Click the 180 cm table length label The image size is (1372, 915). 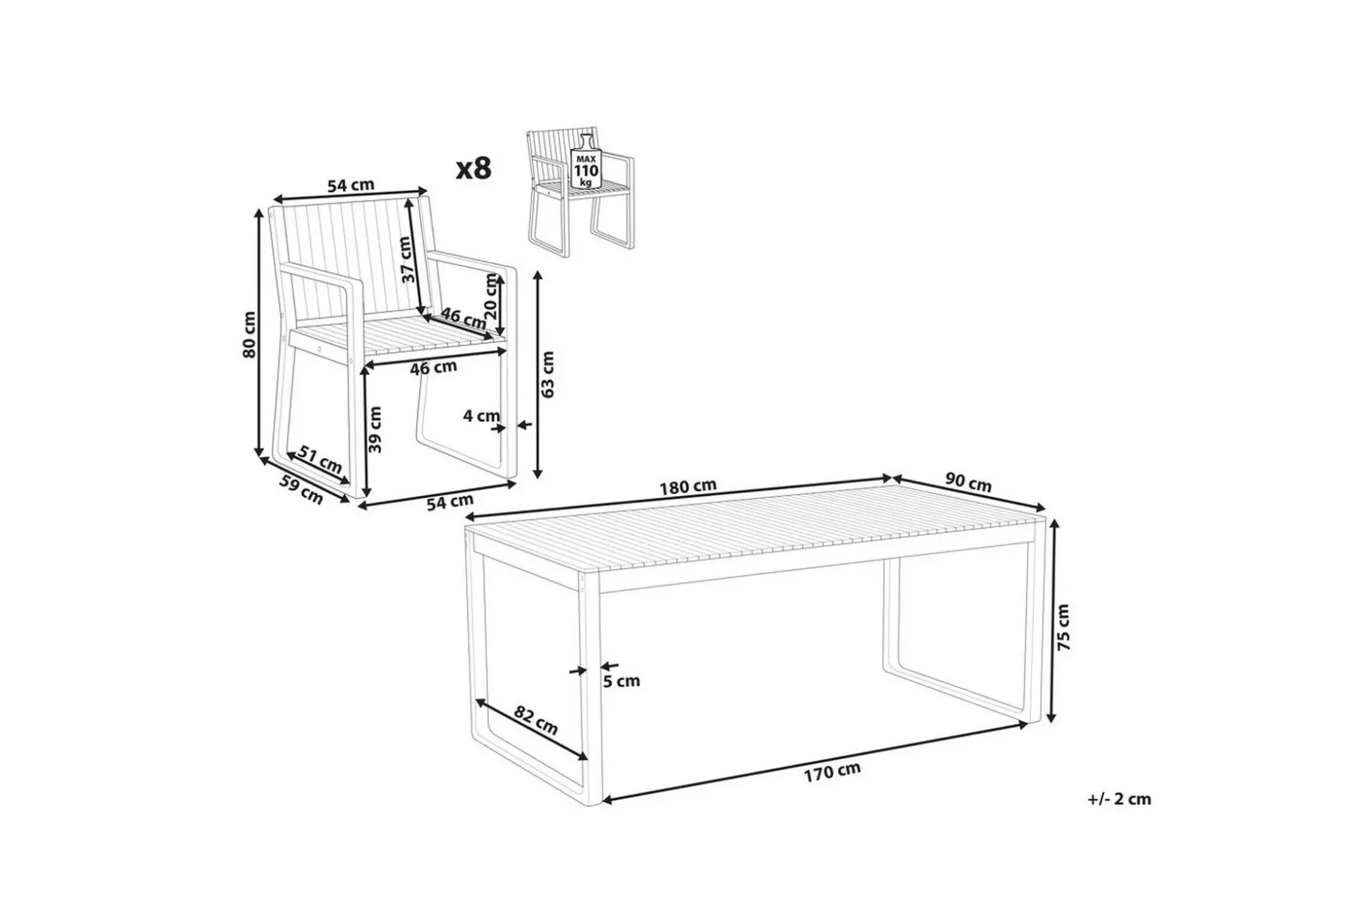click(x=688, y=486)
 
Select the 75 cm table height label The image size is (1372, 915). click(x=1063, y=627)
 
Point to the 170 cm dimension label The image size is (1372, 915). click(x=832, y=771)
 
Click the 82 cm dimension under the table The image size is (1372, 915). click(x=536, y=720)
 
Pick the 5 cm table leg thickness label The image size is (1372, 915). click(x=622, y=681)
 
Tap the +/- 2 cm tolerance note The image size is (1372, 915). click(x=1119, y=798)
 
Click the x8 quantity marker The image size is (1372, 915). click(x=474, y=169)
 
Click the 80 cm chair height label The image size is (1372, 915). click(x=249, y=334)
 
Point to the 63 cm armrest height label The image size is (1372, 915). click(x=547, y=374)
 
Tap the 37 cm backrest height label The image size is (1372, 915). click(x=406, y=259)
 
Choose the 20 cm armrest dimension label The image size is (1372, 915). click(x=491, y=296)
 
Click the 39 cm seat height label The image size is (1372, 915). click(x=375, y=429)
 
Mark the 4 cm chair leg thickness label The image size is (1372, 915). click(x=481, y=416)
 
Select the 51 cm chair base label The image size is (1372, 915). click(x=320, y=460)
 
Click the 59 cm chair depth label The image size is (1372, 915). click(x=301, y=489)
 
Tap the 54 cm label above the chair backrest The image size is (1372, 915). click(x=350, y=185)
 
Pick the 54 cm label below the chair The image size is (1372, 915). click(x=450, y=503)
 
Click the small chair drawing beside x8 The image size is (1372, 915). click(x=581, y=192)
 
